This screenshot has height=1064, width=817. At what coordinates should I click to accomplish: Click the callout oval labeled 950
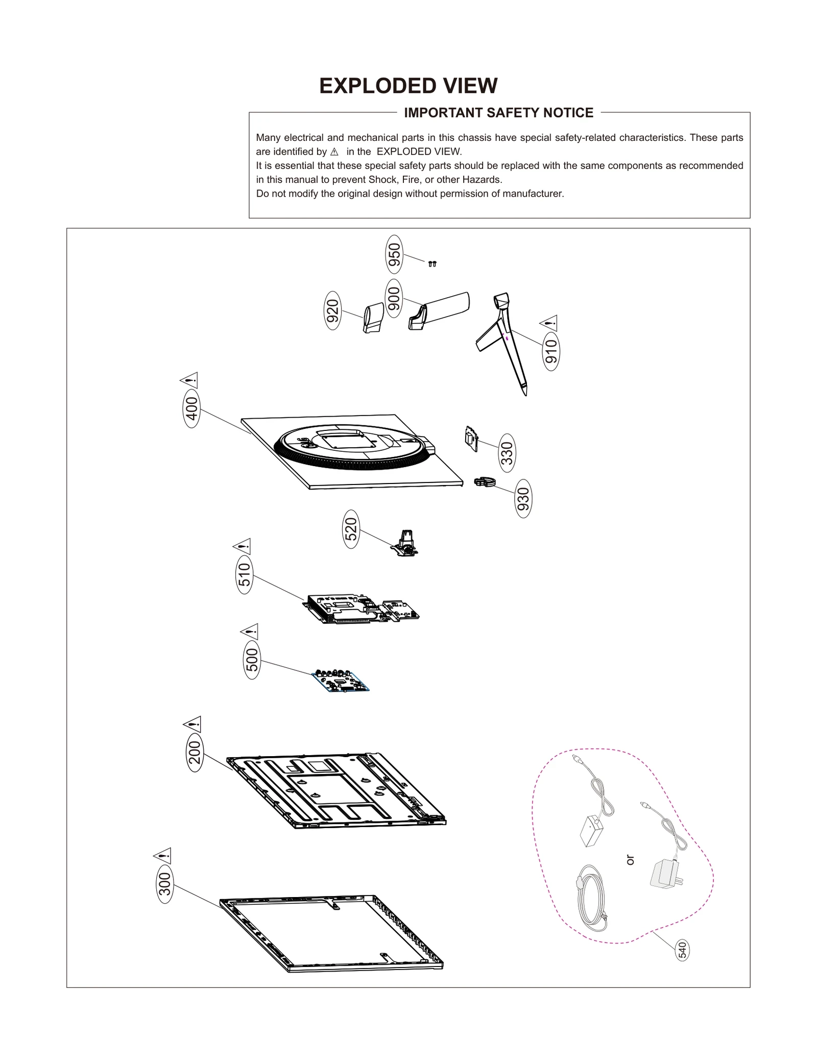[x=394, y=254]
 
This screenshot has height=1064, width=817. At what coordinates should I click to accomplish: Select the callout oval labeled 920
[x=332, y=310]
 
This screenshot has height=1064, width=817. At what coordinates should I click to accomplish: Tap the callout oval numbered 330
[x=507, y=453]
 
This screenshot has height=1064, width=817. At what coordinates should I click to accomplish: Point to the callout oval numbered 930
[x=523, y=499]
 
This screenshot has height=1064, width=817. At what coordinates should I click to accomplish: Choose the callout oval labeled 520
[x=351, y=529]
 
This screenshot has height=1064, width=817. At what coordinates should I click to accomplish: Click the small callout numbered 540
[x=682, y=950]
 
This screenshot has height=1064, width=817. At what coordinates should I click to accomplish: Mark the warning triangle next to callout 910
[x=549, y=323]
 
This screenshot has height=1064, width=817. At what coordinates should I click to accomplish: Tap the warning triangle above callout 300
[x=162, y=855]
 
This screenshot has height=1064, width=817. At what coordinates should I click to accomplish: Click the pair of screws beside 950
[x=432, y=264]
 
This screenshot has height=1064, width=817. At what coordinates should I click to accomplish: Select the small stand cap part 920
[x=373, y=318]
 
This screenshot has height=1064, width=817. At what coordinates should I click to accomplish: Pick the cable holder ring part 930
[x=485, y=481]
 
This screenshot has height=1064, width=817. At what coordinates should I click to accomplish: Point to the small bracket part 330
[x=471, y=439]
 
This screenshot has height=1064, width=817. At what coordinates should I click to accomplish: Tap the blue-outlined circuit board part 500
[x=340, y=681]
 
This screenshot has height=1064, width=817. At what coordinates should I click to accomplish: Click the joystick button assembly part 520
[x=406, y=543]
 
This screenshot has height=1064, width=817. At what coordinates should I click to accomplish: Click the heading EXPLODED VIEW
[x=408, y=86]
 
